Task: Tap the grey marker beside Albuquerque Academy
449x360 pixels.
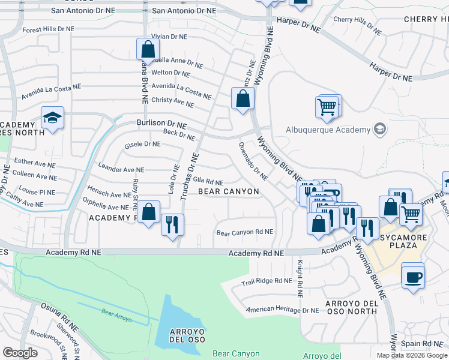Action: [379, 129]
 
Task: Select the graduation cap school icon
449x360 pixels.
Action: [53, 118]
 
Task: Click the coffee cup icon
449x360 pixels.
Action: [413, 277]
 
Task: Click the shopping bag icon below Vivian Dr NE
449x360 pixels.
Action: [147, 49]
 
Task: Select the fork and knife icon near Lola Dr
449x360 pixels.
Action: [172, 224]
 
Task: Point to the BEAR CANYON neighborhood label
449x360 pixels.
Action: [229, 191]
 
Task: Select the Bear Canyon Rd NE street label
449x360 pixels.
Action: [244, 232]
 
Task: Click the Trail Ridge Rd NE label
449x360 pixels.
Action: [266, 281]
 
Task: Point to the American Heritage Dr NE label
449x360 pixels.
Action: [285, 310]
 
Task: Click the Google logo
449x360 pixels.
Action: [20, 353]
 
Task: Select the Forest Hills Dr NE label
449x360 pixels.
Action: [49, 28]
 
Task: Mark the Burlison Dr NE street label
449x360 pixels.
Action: [161, 125]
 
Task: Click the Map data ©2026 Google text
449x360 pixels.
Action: [411, 355]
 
